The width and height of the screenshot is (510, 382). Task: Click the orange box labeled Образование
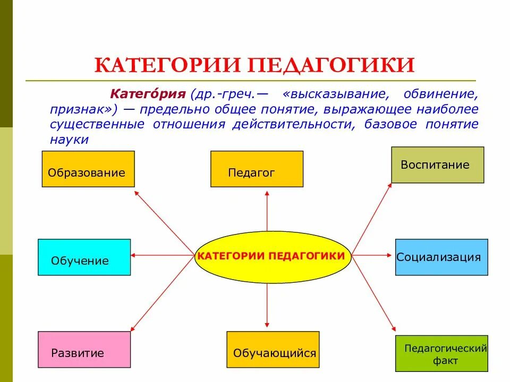88,169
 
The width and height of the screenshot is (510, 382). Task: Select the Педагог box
257,169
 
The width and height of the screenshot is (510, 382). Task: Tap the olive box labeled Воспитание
437,165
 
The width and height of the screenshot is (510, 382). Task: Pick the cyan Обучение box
84,257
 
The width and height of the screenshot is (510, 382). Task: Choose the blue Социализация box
441,257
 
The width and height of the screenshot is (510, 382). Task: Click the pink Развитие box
84,349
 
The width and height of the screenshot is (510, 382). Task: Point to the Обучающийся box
273,350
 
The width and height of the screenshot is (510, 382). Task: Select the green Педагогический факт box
441,353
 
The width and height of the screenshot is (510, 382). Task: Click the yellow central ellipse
270,256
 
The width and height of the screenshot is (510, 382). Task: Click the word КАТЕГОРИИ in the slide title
169,65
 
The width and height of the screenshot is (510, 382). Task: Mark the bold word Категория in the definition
147,94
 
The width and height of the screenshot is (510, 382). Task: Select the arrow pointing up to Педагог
267,212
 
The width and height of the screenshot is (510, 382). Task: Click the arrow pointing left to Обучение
162,256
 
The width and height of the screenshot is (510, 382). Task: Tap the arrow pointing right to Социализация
372,256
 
